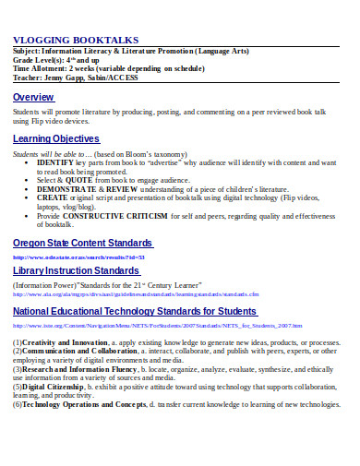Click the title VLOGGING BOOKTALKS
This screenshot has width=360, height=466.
[76, 40]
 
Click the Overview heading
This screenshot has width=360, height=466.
[33, 97]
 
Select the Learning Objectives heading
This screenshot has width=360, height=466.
[56, 138]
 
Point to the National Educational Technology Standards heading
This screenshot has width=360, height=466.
[134, 310]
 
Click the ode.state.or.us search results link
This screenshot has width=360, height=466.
[78, 257]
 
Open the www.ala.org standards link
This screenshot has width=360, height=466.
[138, 298]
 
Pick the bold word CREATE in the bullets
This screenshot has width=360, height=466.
[53, 197]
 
